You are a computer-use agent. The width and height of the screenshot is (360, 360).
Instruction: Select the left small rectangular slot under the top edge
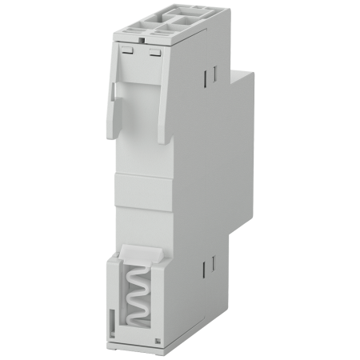tap(126, 50)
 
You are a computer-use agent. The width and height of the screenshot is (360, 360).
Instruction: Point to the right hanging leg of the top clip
tap(163, 112)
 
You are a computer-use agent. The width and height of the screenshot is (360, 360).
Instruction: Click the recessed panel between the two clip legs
tap(138, 120)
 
